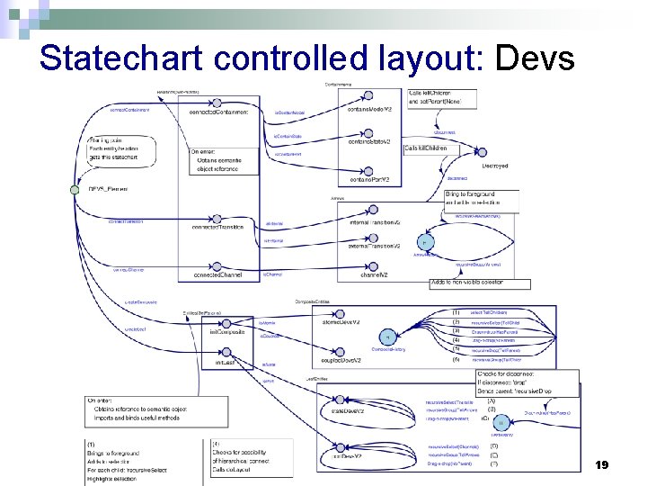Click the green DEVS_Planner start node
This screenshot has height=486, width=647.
click(x=75, y=189)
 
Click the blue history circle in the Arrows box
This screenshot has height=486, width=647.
click(x=424, y=243)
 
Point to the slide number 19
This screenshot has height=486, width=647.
click(x=602, y=464)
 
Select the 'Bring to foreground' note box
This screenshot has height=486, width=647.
click(x=482, y=199)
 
